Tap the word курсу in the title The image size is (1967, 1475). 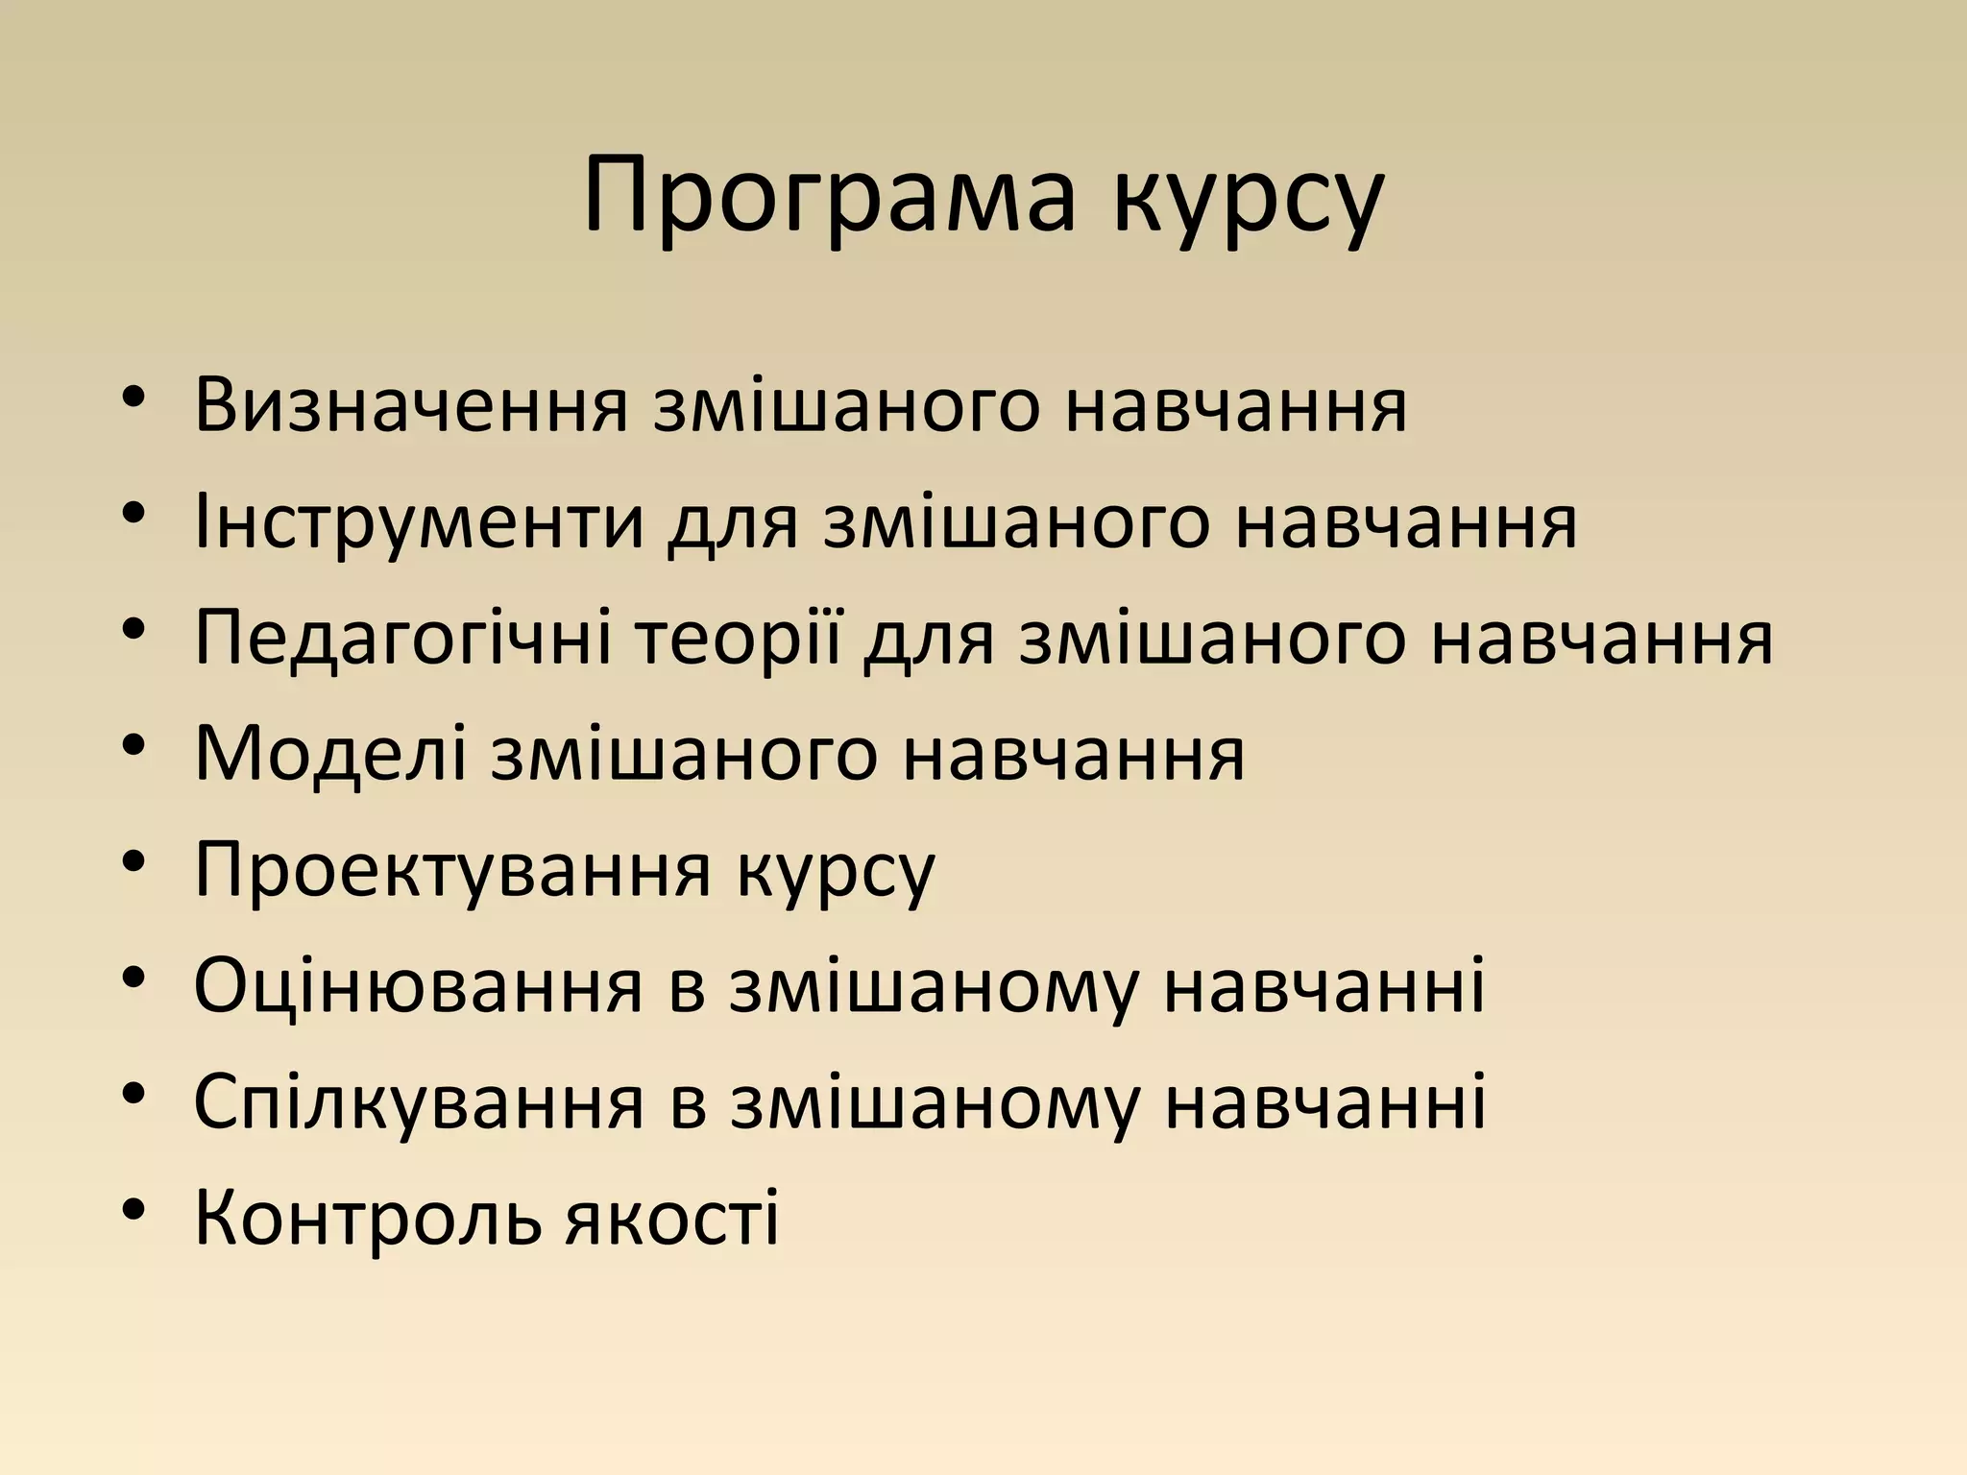pyautogui.click(x=1249, y=206)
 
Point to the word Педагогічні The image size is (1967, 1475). pyautogui.click(x=402, y=640)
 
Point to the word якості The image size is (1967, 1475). pyautogui.click(x=671, y=1218)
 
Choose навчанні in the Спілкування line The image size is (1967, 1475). pyautogui.click(x=1324, y=1102)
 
